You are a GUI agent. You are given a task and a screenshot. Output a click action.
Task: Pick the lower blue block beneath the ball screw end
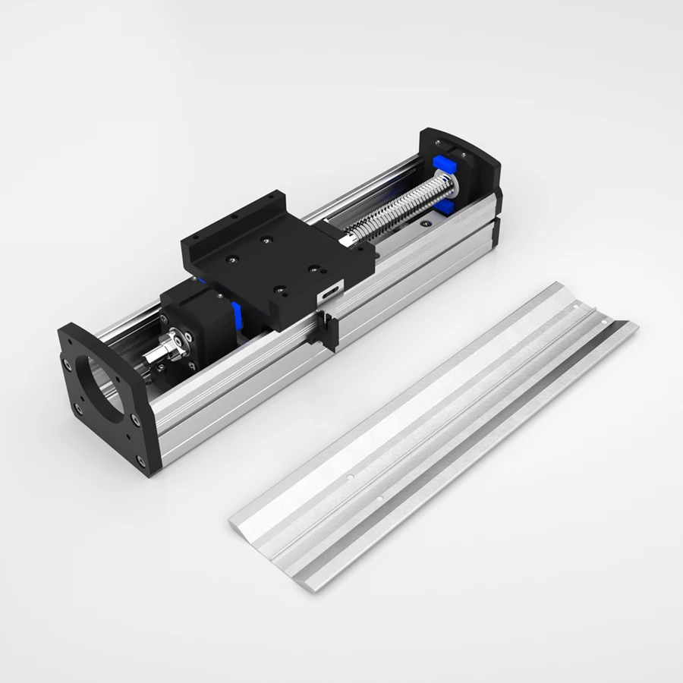[447, 206]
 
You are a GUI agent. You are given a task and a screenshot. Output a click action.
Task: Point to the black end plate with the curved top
[463, 163]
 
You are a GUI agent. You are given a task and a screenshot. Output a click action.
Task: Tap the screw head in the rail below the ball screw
[427, 225]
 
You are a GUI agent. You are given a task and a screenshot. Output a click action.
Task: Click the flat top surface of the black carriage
[273, 258]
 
